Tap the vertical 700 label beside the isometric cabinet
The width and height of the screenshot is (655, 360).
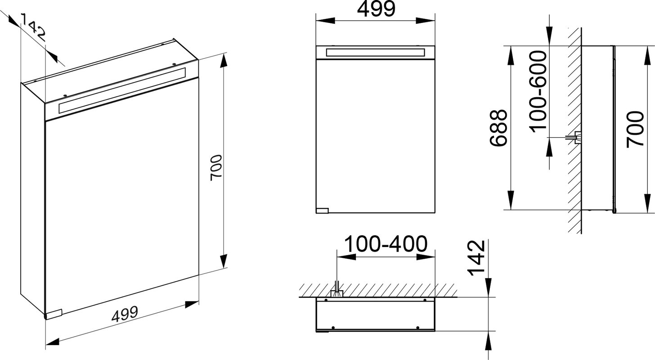click(x=217, y=168)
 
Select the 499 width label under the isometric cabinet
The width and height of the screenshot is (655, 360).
click(x=125, y=314)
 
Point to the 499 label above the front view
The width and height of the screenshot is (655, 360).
click(x=376, y=9)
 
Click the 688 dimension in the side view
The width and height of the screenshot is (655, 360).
click(x=498, y=128)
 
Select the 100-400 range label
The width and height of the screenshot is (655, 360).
click(x=386, y=244)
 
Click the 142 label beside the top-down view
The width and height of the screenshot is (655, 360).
click(x=476, y=258)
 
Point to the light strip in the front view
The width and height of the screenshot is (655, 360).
click(x=376, y=53)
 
